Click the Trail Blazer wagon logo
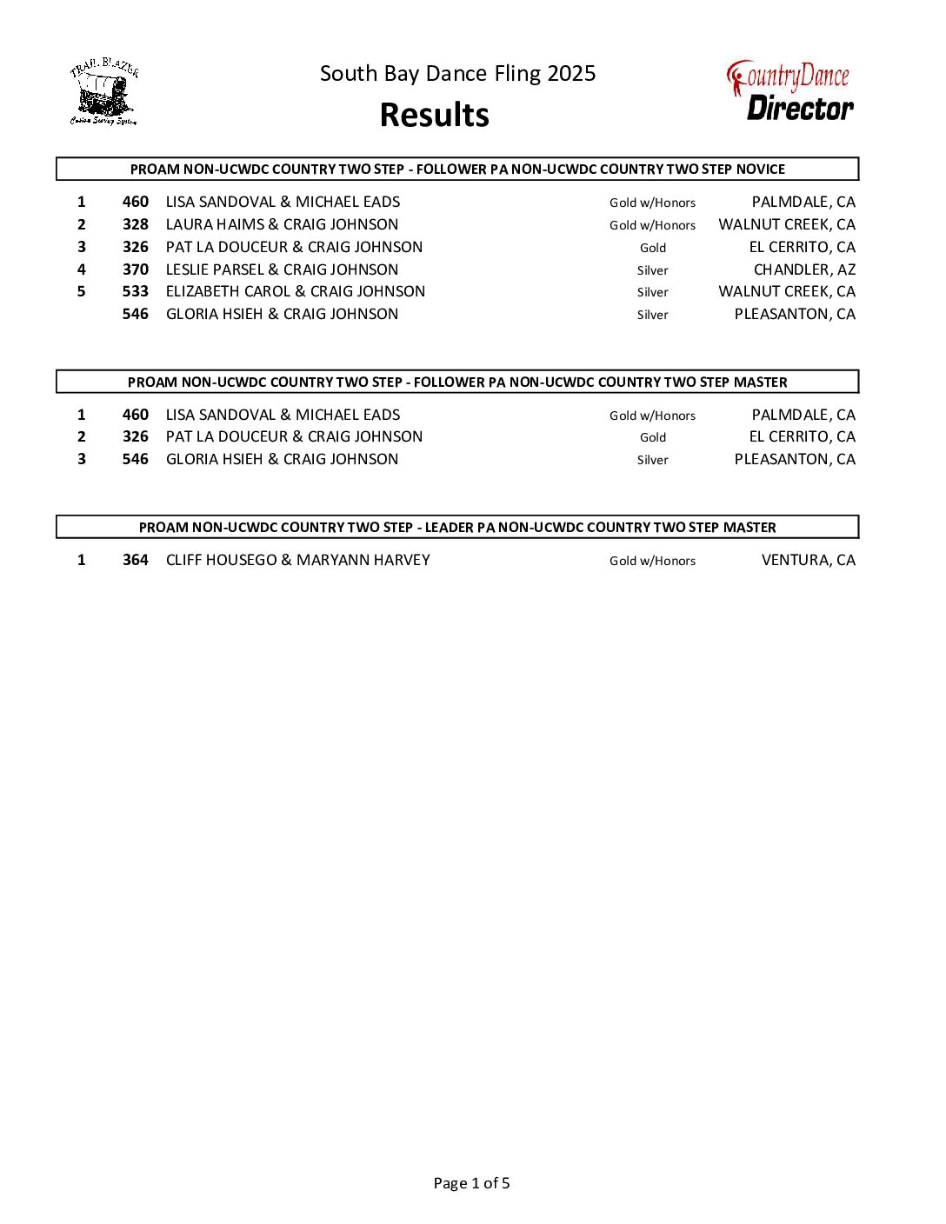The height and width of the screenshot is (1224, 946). tap(103, 93)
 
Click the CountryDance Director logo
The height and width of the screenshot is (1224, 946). tap(789, 90)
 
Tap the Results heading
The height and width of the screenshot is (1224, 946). tap(434, 116)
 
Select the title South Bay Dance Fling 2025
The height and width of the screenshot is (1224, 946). tap(457, 74)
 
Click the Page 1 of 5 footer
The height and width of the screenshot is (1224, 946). tap(471, 1183)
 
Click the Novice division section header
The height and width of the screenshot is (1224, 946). tap(457, 170)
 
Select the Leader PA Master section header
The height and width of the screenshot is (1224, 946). tap(457, 528)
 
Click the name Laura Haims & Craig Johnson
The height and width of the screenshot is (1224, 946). tap(282, 224)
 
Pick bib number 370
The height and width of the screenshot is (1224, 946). tap(135, 269)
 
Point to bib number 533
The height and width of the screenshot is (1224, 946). tap(135, 291)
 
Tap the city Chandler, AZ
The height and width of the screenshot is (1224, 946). tap(803, 269)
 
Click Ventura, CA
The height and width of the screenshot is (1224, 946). tap(808, 560)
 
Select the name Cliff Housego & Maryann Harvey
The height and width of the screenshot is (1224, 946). tap(297, 560)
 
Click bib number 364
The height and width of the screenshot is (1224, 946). tap(135, 560)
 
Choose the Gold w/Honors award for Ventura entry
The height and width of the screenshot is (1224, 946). tap(652, 561)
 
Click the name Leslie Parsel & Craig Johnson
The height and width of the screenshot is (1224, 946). tap(282, 269)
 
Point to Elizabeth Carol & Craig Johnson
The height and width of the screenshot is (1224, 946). tap(296, 291)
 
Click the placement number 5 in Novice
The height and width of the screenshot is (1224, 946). tap(82, 291)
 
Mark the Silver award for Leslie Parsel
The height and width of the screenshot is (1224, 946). tap(652, 270)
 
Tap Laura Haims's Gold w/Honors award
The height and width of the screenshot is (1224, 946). tap(652, 225)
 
